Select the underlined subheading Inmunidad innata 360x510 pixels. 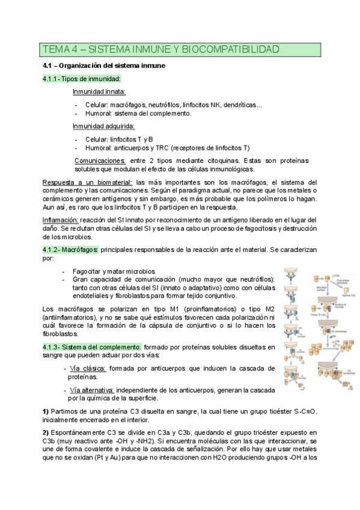(99, 91)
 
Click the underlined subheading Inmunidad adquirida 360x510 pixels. (103, 126)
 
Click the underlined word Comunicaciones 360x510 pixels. (100, 161)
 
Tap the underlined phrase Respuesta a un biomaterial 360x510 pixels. (88, 182)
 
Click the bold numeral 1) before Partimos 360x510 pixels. (46, 411)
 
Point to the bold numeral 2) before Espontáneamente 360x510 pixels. (46, 432)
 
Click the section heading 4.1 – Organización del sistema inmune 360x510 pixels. (109, 64)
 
